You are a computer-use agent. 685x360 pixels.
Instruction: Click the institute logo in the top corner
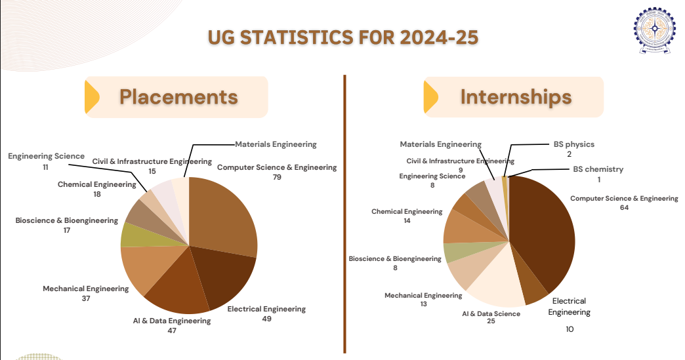click(654, 30)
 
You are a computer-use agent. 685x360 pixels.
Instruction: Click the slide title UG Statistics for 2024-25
click(343, 37)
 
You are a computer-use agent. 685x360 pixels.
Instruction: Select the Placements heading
click(178, 97)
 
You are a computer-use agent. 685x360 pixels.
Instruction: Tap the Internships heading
click(516, 97)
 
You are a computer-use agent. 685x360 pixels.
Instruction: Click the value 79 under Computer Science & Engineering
click(277, 177)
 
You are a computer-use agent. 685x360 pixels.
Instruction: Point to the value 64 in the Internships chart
click(624, 208)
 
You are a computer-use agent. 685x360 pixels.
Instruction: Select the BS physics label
click(574, 144)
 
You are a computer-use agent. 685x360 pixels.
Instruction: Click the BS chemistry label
click(598, 169)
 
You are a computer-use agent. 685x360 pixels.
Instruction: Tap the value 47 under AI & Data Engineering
click(172, 330)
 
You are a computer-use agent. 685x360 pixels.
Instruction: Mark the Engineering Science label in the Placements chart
click(47, 156)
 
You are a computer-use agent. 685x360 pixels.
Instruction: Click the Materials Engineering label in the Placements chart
click(276, 144)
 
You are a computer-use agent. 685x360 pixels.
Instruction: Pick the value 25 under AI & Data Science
click(491, 321)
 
